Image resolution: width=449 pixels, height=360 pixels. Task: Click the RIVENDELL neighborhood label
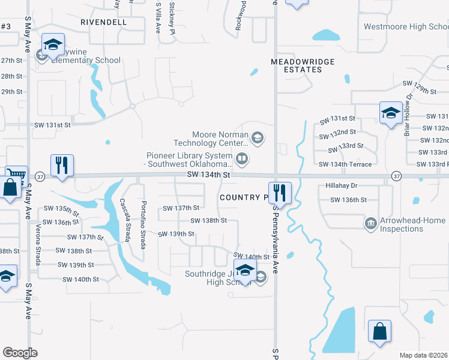coord(104,22)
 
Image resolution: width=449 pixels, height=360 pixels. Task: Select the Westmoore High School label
coord(406,27)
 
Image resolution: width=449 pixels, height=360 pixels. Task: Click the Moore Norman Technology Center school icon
coord(258,139)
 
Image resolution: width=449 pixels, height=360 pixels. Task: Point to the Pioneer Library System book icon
coord(241,159)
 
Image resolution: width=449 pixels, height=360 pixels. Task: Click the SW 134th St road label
coord(209,175)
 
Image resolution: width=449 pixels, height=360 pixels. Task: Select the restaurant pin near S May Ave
coord(62,165)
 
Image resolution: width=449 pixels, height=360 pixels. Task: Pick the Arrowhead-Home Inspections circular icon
coord(370,224)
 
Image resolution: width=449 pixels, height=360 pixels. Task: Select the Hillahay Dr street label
coord(342,186)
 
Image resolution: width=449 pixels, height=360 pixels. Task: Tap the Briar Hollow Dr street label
coord(409,115)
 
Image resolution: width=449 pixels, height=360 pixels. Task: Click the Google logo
coord(20,353)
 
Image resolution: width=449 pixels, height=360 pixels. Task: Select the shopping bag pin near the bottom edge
coord(379,332)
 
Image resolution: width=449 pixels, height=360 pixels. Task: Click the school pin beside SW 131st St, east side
coord(390,113)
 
